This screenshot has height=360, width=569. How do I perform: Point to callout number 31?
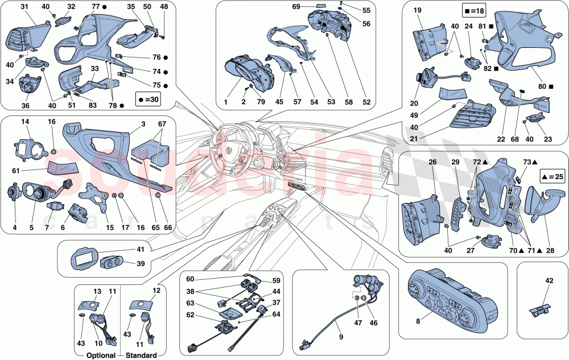pyautogui.click(x=25, y=7)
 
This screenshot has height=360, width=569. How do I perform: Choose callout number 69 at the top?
pyautogui.click(x=312, y=7)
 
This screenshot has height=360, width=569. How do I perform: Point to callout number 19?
pyautogui.click(x=417, y=11)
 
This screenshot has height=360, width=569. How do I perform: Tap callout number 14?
pyautogui.click(x=25, y=122)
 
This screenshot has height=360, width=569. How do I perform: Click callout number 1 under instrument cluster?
pyautogui.click(x=225, y=102)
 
